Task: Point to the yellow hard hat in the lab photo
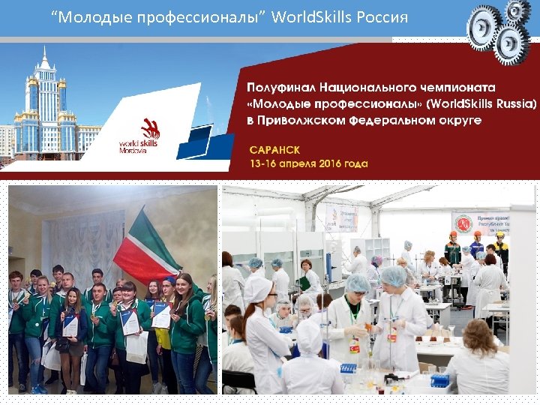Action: (499, 235)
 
